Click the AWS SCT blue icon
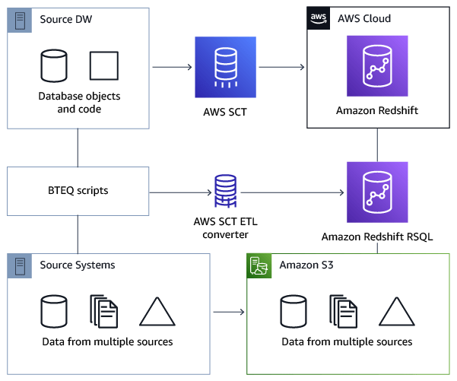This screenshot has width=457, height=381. click(226, 68)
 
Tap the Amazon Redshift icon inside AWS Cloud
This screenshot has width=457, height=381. click(378, 68)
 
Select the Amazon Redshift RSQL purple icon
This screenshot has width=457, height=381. click(378, 192)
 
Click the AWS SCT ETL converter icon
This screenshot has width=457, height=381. click(225, 190)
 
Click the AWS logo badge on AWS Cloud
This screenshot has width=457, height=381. click(319, 18)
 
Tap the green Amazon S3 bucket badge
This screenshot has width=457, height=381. click(259, 265)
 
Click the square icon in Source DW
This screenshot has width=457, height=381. click(104, 67)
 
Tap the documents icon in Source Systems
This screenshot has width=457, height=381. click(104, 313)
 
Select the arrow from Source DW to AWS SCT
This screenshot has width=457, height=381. click(173, 68)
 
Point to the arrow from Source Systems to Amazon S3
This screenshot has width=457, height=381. click(228, 312)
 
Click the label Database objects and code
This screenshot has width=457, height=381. click(79, 103)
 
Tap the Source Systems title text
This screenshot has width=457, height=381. click(78, 265)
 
